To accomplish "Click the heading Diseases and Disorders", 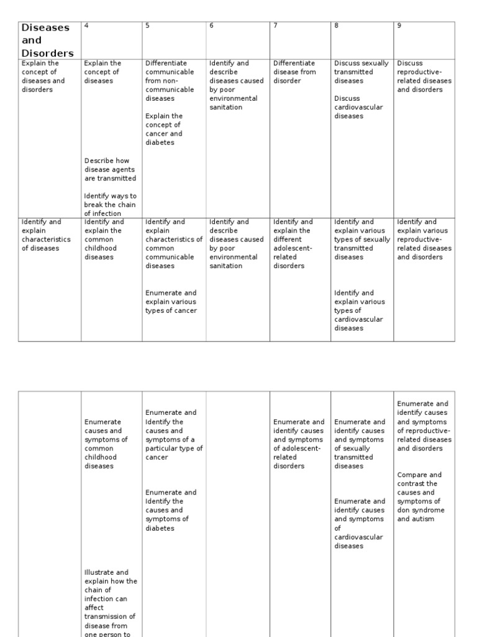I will point(47,40).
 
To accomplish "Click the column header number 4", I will point(87,26).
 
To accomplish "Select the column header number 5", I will point(147,26).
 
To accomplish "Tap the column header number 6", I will point(211,26).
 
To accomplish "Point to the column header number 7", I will point(275,26).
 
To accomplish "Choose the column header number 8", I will point(336,26).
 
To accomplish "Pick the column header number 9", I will point(399,26).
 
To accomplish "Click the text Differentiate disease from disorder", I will point(294,72).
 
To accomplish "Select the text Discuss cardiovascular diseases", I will point(358,107).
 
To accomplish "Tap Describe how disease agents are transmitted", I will point(110,169).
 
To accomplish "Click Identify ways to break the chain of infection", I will point(110,205).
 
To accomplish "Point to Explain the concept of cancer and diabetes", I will point(164,129).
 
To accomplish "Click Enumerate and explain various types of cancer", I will point(171,302).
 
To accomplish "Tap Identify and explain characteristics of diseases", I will point(46,235).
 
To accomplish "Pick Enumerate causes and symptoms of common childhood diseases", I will point(106,444).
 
